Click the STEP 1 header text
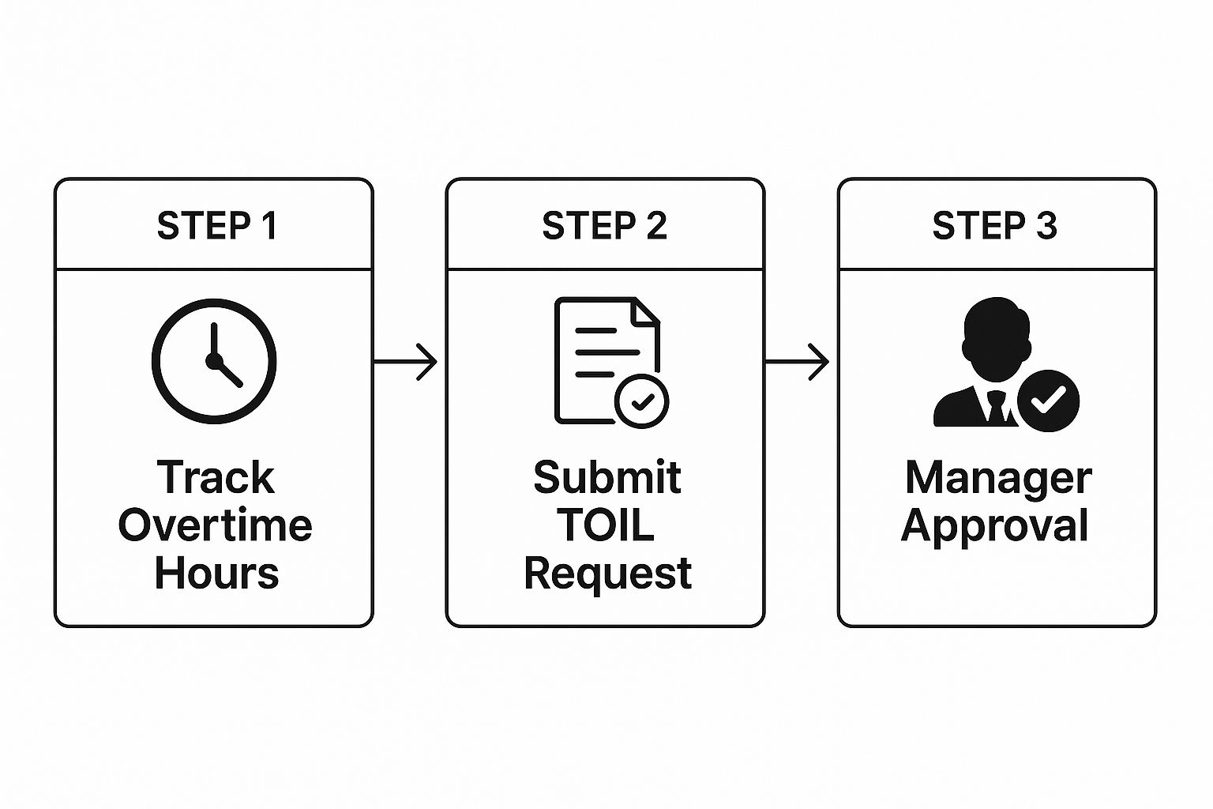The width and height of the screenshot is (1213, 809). pos(216,226)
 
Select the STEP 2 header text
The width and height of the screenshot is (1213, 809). pos(605,226)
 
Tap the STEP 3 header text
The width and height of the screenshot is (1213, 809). pos(994,226)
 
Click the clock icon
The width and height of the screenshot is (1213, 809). pos(214,361)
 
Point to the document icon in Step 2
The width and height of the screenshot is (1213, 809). pos(600,356)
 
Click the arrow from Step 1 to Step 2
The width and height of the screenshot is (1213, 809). pos(405,363)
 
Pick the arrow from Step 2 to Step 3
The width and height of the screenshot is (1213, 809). pos(797,363)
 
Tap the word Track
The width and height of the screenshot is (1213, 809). pos(216,478)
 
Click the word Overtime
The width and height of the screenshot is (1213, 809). pos(216,525)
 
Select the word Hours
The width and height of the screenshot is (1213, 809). pos(216,573)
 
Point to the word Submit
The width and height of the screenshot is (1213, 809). pos(606,478)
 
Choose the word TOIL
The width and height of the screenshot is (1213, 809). pos(606,525)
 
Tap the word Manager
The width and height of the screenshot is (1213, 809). pos(998,479)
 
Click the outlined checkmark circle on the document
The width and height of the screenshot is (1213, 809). pos(642,401)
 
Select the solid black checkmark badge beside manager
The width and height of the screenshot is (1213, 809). pos(1048,401)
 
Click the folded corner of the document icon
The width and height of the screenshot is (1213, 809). pos(647,312)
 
